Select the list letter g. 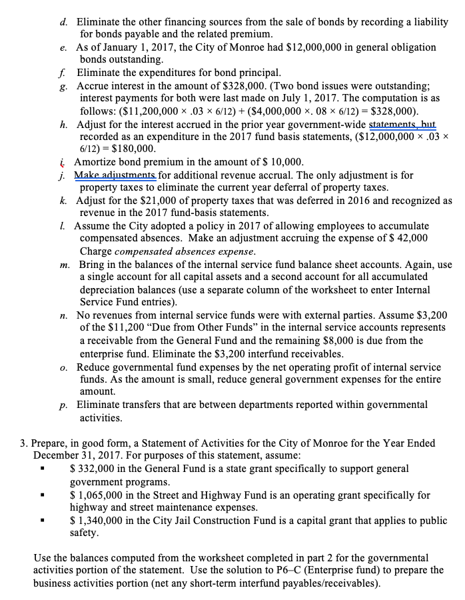pos(62,85)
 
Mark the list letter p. pos(62,405)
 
